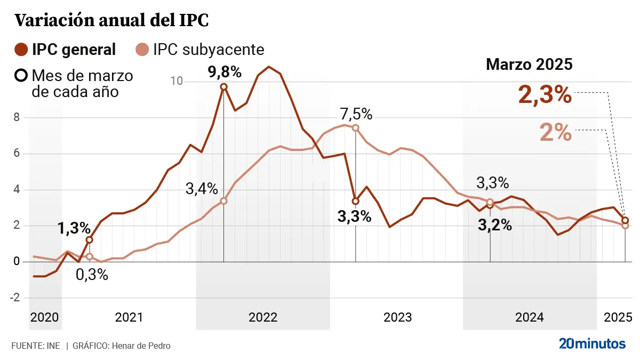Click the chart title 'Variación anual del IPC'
(x=111, y=20)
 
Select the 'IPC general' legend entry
(x=74, y=50)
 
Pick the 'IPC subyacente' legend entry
(x=208, y=50)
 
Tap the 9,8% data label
(x=224, y=71)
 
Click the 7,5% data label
(x=356, y=114)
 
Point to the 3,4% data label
(x=202, y=188)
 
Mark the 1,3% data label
(x=74, y=228)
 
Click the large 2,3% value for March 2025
(x=545, y=95)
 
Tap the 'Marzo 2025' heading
(x=529, y=65)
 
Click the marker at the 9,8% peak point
(x=224, y=86)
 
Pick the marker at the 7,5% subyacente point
(x=356, y=127)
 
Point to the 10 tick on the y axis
(x=177, y=81)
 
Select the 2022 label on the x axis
(x=263, y=317)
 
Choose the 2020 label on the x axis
(x=45, y=317)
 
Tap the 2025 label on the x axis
(x=618, y=317)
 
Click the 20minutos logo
(x=592, y=344)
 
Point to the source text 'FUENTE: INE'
(x=36, y=346)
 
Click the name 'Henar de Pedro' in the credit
(x=141, y=346)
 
